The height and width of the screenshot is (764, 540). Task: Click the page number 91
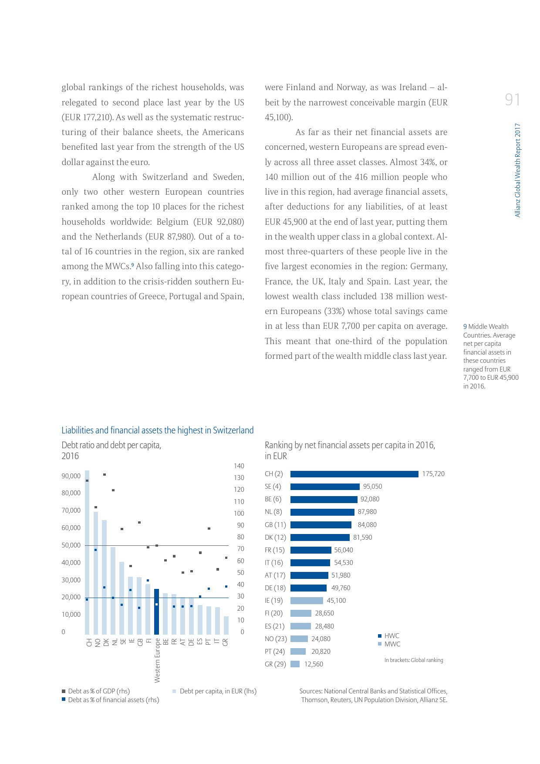(512, 100)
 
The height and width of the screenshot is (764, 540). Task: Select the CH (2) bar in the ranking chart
(354, 474)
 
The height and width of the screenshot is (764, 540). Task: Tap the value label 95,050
(372, 487)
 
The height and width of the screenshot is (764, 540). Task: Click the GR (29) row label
(275, 664)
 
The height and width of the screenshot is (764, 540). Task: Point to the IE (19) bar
(307, 601)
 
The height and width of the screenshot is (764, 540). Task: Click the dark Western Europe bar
(157, 612)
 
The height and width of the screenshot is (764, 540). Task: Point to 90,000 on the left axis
(71, 476)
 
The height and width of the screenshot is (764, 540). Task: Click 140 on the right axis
(239, 466)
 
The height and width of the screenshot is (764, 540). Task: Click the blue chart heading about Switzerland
(157, 430)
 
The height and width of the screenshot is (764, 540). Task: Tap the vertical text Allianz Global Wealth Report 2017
(517, 170)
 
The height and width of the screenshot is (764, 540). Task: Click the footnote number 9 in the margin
(465, 327)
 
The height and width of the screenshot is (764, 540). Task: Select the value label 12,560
(314, 664)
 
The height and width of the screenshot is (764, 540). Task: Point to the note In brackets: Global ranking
(413, 660)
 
